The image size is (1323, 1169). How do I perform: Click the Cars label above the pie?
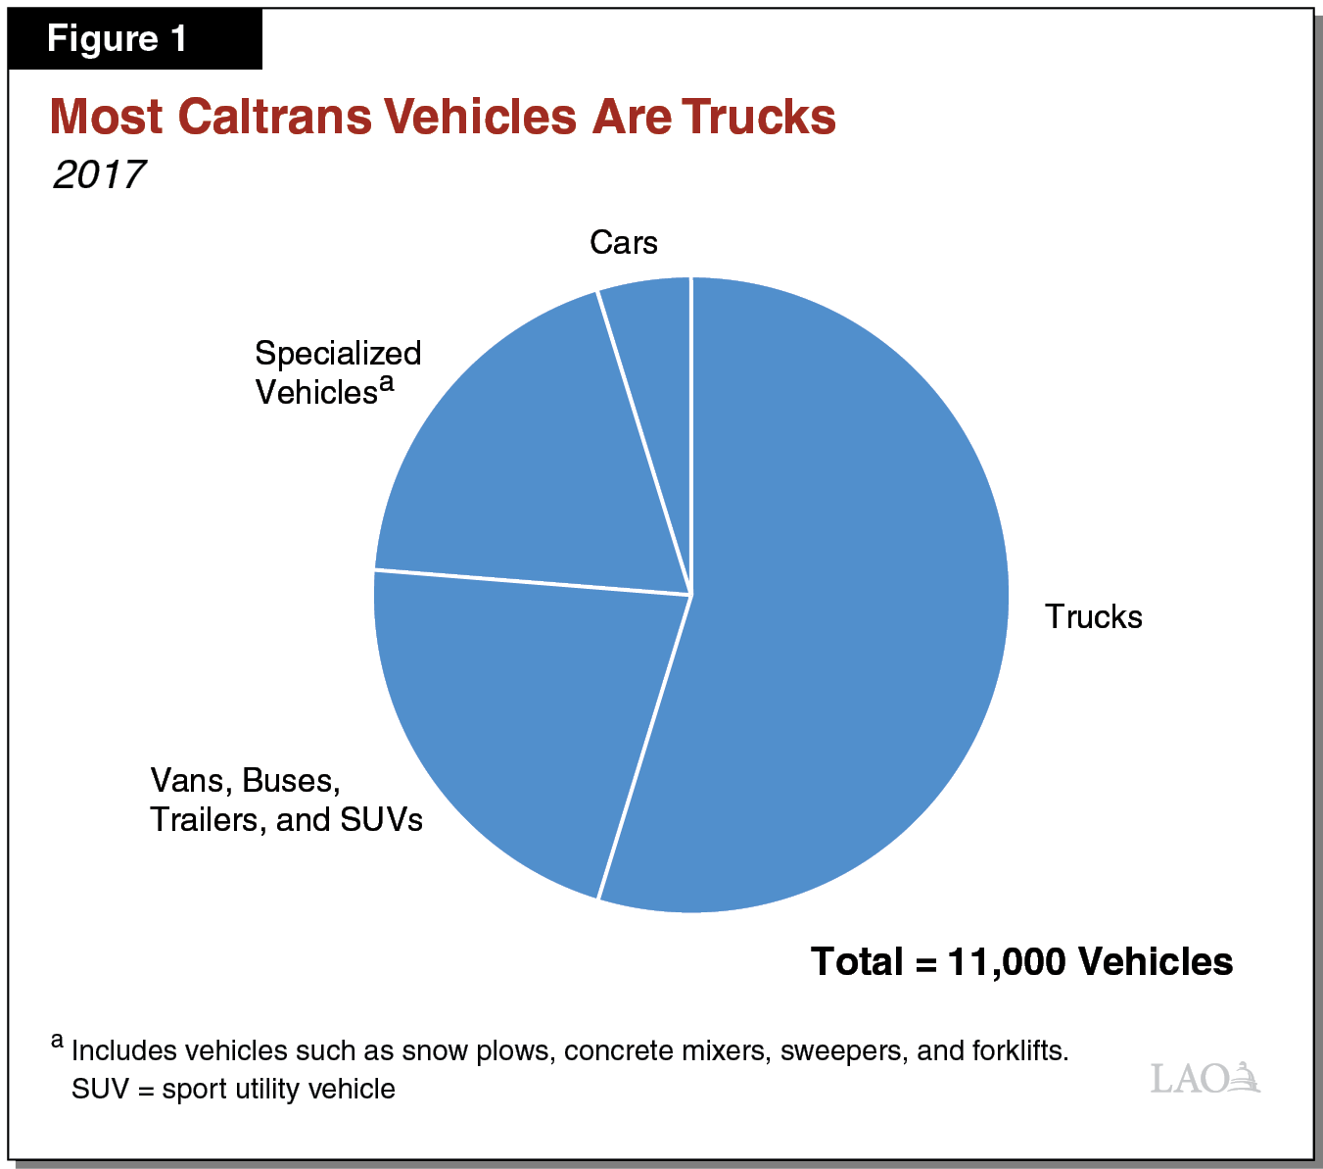click(623, 243)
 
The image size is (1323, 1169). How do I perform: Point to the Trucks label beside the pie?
click(1093, 617)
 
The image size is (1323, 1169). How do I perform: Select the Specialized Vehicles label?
click(337, 372)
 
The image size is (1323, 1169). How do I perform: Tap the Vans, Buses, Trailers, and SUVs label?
click(286, 800)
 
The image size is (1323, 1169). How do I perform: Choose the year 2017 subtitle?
click(99, 174)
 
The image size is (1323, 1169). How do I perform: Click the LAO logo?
click(1205, 1078)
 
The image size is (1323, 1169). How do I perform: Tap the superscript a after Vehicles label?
click(387, 382)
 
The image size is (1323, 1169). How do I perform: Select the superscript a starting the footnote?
click(58, 1041)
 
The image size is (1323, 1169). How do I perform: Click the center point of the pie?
click(691, 595)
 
